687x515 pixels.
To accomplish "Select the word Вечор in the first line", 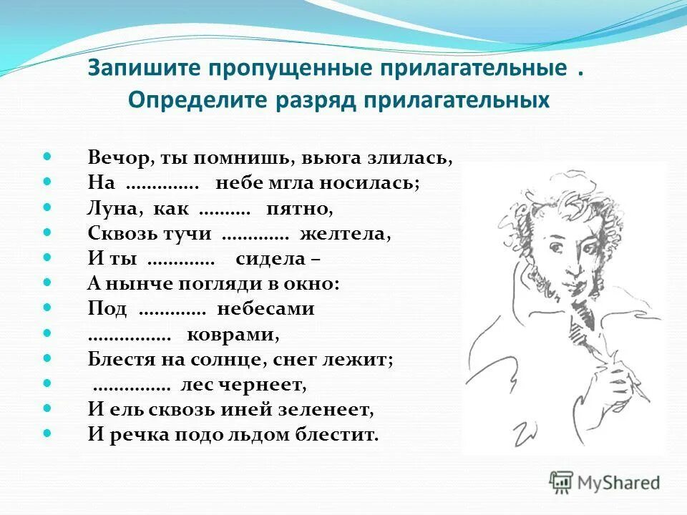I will (111, 158).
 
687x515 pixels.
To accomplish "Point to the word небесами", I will (265, 308).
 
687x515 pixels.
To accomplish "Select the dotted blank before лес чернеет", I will (132, 386).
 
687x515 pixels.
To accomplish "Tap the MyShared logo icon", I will (562, 481).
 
